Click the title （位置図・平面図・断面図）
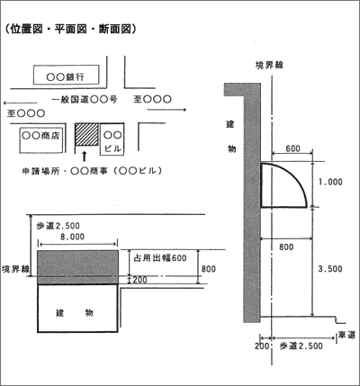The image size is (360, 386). point(71,30)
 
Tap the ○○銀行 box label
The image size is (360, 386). point(66,77)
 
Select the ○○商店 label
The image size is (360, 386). point(40,136)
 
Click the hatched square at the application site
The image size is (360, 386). point(86,134)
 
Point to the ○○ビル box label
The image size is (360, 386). point(112,141)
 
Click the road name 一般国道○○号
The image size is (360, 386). point(85,99)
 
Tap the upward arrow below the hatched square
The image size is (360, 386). point(85,157)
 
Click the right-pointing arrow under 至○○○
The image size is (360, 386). point(166,110)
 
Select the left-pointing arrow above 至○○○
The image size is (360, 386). point(18,103)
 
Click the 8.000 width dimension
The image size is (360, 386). point(73,237)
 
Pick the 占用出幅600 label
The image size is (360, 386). point(160,257)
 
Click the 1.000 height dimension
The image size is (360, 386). point(330,182)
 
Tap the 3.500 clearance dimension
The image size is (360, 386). point(330,269)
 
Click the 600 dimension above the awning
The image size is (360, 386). point(292,148)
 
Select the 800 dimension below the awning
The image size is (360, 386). point(286,247)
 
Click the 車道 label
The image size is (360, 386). point(346,335)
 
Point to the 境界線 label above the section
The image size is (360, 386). point(269,65)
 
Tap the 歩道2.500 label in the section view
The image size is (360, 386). point(301,346)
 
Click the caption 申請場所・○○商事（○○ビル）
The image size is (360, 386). point(92,171)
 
